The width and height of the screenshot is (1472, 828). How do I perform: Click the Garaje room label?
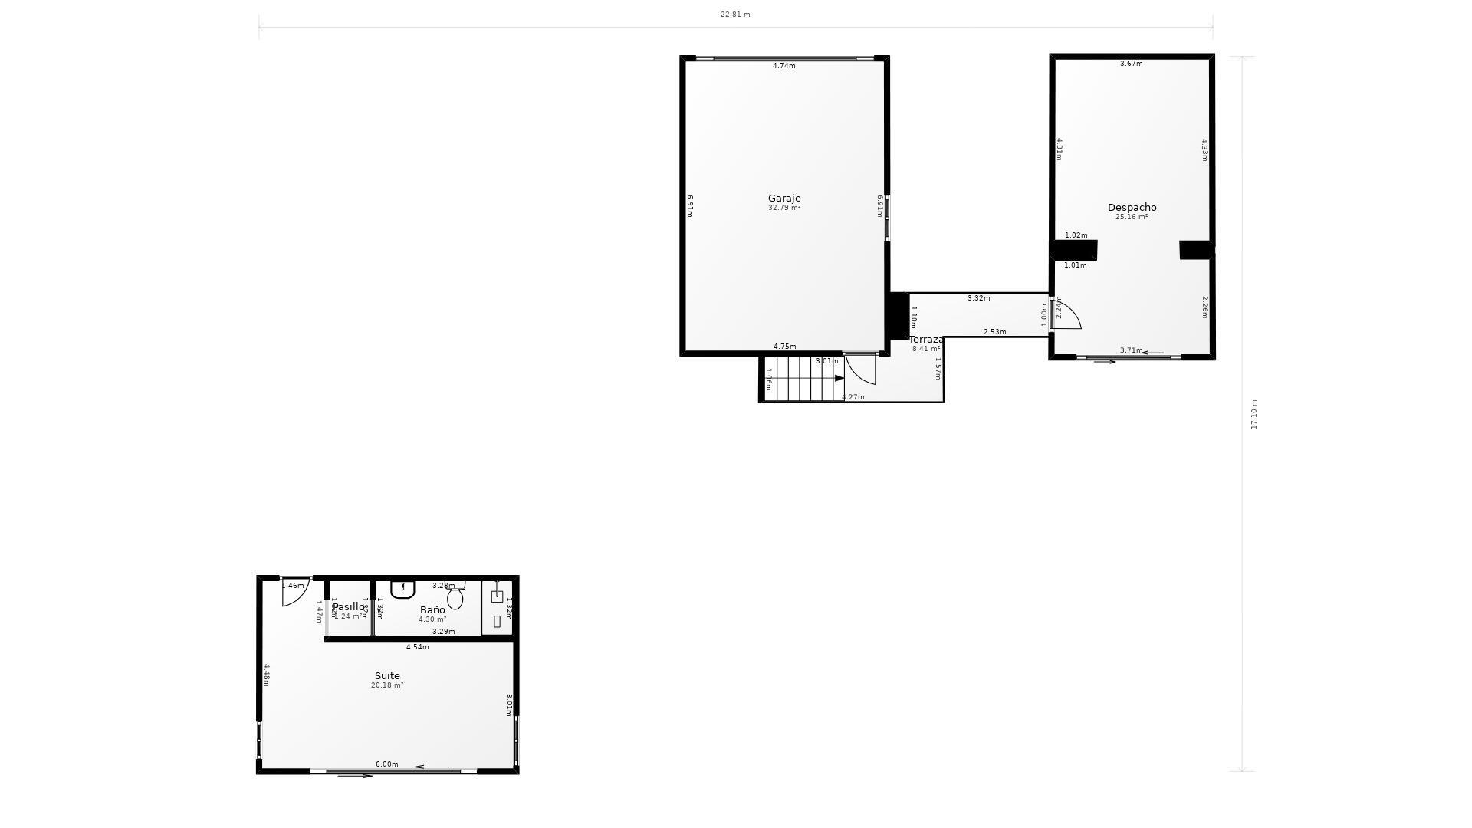pyautogui.click(x=784, y=199)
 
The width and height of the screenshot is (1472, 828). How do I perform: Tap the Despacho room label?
pyautogui.click(x=1132, y=208)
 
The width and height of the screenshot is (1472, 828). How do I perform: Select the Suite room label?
pyautogui.click(x=387, y=676)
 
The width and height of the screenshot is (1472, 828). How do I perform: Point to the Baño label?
pyautogui.click(x=432, y=610)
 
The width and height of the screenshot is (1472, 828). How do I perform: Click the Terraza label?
pyautogui.click(x=926, y=340)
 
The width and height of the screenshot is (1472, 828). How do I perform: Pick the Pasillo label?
pyautogui.click(x=349, y=607)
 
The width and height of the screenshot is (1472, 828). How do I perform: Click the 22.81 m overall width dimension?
pyautogui.click(x=735, y=15)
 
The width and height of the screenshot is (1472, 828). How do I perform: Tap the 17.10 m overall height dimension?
pyautogui.click(x=1254, y=414)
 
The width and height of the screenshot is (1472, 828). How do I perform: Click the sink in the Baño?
pyautogui.click(x=402, y=589)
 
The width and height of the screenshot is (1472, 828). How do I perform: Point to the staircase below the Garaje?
pyautogui.click(x=801, y=378)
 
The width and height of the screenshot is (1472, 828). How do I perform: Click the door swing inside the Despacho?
pyautogui.click(x=1067, y=314)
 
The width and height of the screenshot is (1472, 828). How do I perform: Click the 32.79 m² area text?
pyautogui.click(x=784, y=208)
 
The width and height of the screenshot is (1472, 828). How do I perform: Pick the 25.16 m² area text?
pyautogui.click(x=1132, y=217)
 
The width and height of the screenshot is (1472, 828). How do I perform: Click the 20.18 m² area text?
pyautogui.click(x=387, y=685)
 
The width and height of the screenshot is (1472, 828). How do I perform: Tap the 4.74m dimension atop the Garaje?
pyautogui.click(x=784, y=66)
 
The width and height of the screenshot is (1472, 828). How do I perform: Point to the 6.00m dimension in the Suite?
pyautogui.click(x=387, y=764)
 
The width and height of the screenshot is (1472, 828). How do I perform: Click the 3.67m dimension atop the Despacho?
pyautogui.click(x=1132, y=64)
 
